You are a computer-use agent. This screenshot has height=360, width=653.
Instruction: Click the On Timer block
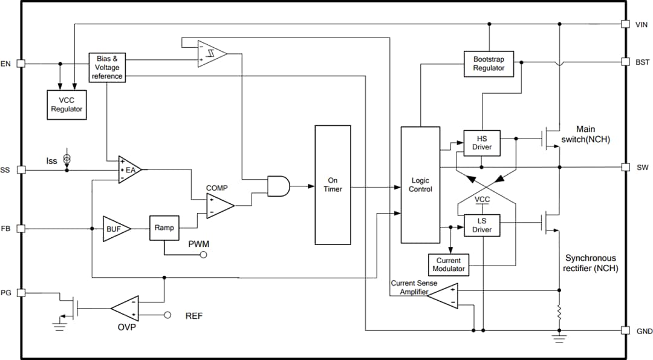pyautogui.click(x=333, y=185)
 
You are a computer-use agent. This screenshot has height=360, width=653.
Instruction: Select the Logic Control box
pyautogui.click(x=420, y=185)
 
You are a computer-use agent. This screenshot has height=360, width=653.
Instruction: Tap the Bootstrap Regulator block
pyautogui.click(x=489, y=64)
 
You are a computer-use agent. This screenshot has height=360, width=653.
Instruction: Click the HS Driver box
pyautogui.click(x=481, y=143)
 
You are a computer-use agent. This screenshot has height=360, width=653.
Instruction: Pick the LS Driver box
pyautogui.click(x=481, y=226)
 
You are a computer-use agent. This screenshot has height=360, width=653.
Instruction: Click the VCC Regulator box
pyautogui.click(x=67, y=105)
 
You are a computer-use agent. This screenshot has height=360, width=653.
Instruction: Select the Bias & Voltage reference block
pyautogui.click(x=107, y=67)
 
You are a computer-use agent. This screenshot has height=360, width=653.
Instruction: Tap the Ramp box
pyautogui.click(x=164, y=228)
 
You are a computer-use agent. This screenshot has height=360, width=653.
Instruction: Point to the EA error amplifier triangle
pyautogui.click(x=129, y=170)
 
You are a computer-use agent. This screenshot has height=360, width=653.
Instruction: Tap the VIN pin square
pyautogui.click(x=625, y=24)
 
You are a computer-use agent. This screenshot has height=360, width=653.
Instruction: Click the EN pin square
pyautogui.click(x=21, y=63)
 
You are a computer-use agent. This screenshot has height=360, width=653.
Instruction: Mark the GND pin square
pyautogui.click(x=625, y=330)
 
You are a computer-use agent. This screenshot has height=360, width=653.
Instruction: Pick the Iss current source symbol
pyautogui.click(x=67, y=159)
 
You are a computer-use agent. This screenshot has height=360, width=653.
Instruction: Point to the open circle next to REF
pyautogui.click(x=168, y=315)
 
